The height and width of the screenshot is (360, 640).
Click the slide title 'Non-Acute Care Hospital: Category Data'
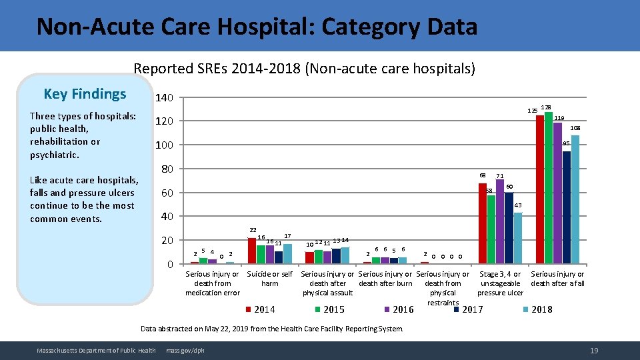pyautogui.click(x=257, y=27)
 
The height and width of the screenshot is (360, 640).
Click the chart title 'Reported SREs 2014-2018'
pyautogui.click(x=304, y=69)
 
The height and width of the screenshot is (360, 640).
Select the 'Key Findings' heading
pyautogui.click(x=84, y=94)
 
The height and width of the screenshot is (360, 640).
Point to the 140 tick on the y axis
pyautogui.click(x=164, y=98)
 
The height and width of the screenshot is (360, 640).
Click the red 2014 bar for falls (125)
pyautogui.click(x=540, y=190)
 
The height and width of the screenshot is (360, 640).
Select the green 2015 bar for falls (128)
pyautogui.click(x=549, y=188)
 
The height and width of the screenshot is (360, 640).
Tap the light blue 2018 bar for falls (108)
pyautogui.click(x=575, y=200)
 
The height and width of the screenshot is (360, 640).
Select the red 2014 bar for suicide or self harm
pyautogui.click(x=252, y=251)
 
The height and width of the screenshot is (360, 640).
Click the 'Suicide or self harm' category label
pyautogui.click(x=269, y=279)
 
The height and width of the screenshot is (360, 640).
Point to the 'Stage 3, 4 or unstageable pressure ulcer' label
pyautogui.click(x=500, y=283)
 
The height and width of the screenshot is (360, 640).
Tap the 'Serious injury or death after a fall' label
pyautogui.click(x=557, y=279)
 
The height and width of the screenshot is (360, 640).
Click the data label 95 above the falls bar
pyautogui.click(x=566, y=143)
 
